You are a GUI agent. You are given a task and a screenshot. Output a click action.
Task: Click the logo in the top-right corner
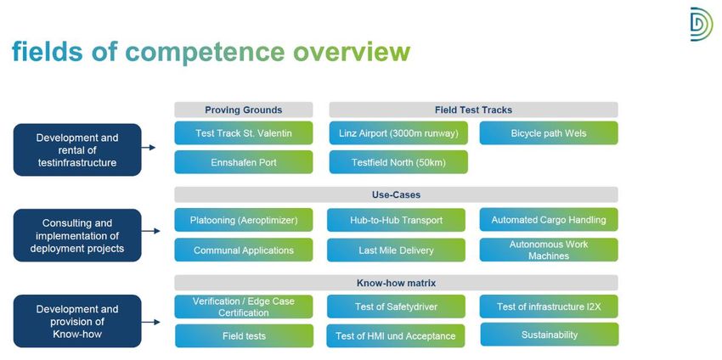pos(702,24)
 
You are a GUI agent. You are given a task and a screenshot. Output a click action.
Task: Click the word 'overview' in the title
pos(352,52)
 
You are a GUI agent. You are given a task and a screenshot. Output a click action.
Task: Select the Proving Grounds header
pos(244,110)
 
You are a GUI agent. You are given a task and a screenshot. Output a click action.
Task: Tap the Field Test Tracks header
pos(473,110)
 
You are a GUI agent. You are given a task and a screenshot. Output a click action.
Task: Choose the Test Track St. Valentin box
pos(244,133)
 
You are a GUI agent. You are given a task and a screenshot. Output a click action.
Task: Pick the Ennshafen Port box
pos(244,162)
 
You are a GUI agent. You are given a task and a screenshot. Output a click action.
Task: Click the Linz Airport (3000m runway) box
pos(398,133)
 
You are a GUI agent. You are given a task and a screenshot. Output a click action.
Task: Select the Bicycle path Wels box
pos(549,133)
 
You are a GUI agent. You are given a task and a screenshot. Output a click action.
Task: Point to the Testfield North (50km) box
pos(398,162)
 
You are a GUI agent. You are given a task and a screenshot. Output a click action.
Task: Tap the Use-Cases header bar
pos(396,194)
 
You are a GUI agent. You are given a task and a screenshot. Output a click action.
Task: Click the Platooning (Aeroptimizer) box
pos(244,220)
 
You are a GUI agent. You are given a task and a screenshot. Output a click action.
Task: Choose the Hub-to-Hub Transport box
pos(396,220)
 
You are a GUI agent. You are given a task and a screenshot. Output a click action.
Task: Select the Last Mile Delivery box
pos(396,250)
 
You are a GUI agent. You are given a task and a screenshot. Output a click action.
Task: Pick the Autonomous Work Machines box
pos(549,250)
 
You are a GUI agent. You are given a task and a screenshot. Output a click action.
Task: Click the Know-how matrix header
pos(396,283)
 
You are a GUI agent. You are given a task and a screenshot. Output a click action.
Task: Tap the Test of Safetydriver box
pos(396,307)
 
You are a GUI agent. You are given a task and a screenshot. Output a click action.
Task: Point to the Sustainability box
pos(550,335)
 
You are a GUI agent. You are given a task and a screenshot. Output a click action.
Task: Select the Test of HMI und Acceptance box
pos(396,336)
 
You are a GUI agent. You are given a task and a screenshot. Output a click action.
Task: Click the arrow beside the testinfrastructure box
pos(149,148)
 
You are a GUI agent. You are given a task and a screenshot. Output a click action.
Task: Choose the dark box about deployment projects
pos(77,235)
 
